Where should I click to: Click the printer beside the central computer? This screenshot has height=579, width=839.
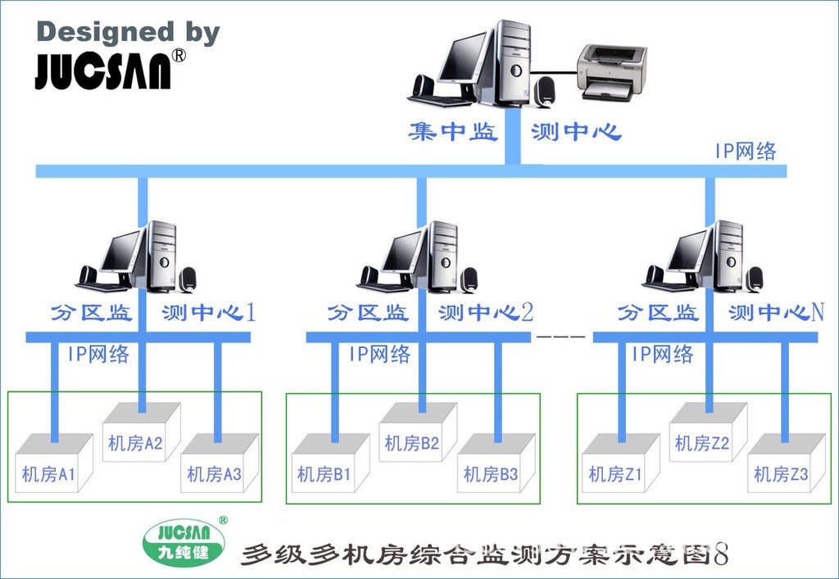(611, 71)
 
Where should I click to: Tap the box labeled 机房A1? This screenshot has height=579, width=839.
(52, 467)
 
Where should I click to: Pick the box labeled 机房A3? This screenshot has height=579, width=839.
(214, 467)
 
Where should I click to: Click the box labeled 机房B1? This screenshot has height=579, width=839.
(328, 467)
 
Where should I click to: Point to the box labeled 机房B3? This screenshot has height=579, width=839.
(491, 467)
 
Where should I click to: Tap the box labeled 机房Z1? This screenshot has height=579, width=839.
(616, 467)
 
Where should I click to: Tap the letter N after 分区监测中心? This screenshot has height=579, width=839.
(817, 312)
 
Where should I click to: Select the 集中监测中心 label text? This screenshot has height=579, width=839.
(515, 132)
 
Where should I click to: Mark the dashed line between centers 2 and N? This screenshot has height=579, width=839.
(560, 337)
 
